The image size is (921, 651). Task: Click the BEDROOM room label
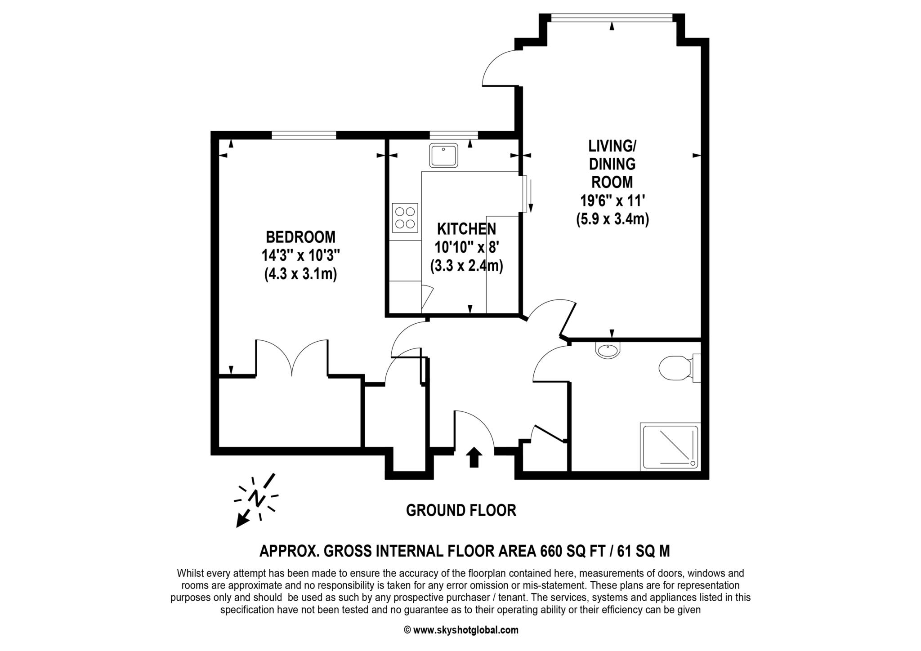[300, 236]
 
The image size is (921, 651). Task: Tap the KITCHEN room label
[466, 229]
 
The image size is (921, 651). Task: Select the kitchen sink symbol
[443, 155]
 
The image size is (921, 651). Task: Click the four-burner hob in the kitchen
[405, 218]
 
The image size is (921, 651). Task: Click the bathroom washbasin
[608, 350]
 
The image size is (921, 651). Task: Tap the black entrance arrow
[473, 457]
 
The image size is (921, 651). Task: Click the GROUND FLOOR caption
[461, 510]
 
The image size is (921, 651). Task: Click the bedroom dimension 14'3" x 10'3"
[300, 255]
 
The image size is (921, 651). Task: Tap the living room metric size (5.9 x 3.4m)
[612, 219]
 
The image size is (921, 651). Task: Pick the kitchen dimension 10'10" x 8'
[466, 247]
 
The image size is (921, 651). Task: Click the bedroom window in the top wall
[304, 134]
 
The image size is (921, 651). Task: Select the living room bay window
[612, 17]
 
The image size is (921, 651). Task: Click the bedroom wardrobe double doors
[292, 357]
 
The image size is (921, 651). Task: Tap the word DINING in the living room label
[612, 164]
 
